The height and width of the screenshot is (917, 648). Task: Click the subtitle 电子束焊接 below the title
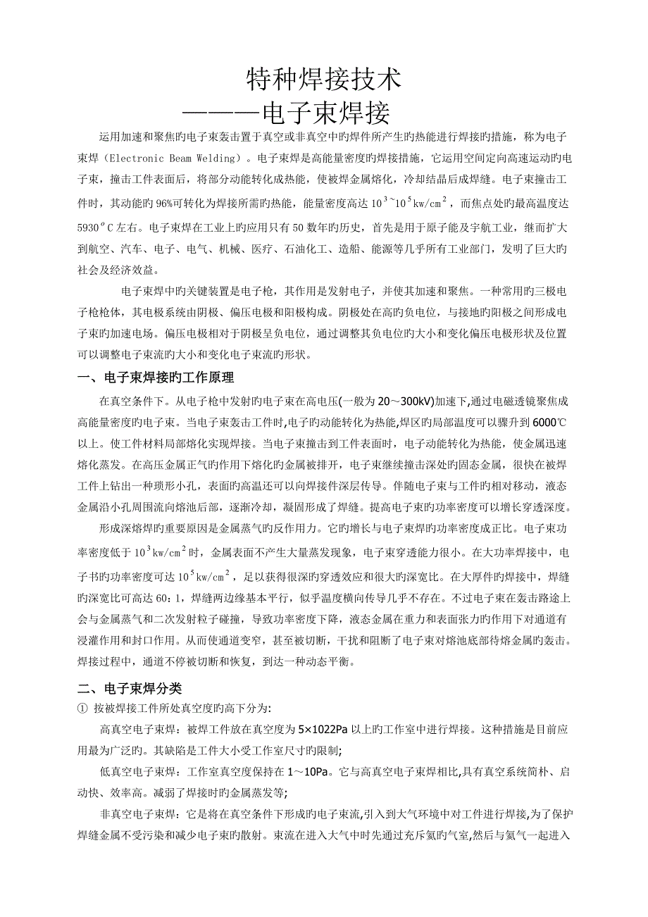pyautogui.click(x=325, y=113)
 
